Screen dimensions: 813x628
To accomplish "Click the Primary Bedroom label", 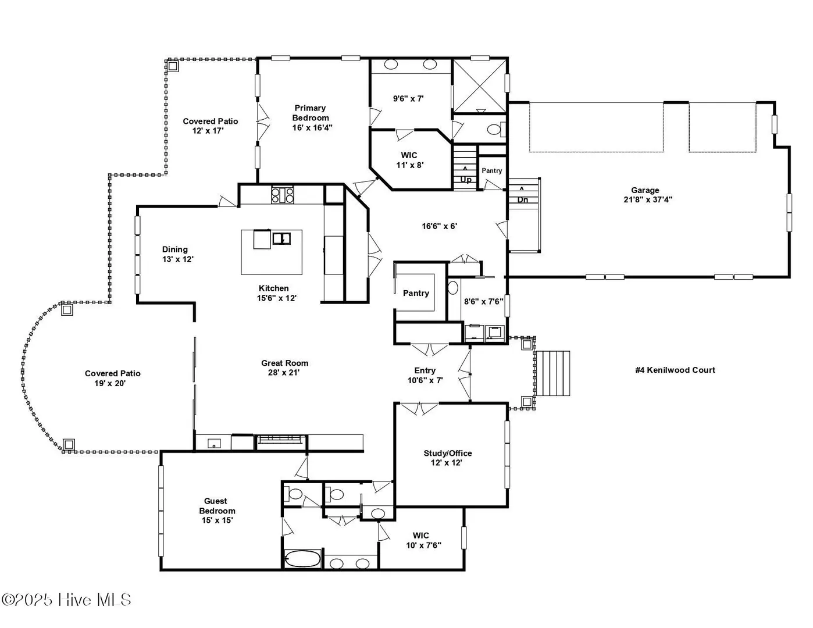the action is pos(311,118).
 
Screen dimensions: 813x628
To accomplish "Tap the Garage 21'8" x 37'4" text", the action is pos(648,195).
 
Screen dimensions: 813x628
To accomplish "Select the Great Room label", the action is pos(284,367).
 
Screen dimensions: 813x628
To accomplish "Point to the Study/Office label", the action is pos(447,458).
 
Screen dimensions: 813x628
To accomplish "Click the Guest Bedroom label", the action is pos(216,511).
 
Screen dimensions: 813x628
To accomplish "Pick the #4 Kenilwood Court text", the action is pos(675,370).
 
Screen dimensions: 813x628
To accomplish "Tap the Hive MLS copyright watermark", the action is pos(66,600).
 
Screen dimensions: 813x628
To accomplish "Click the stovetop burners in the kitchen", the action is pos(283,194).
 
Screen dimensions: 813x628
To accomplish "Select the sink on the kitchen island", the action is pos(281,238).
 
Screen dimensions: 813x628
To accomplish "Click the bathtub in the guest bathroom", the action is pos(302,559).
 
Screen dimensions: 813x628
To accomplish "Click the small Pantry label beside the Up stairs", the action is pos(491,170).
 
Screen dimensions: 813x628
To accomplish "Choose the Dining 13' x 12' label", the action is pos(177,254).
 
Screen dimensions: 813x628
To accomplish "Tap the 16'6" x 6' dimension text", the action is pos(439,226).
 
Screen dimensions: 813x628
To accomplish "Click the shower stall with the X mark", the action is pos(479,85).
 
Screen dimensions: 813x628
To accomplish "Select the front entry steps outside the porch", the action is pos(553,373).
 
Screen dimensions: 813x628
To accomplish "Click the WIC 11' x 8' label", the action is pos(409,160).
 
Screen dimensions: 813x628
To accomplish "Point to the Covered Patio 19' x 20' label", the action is pos(112,378).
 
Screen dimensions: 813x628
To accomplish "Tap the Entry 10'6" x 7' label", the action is pos(425,376).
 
